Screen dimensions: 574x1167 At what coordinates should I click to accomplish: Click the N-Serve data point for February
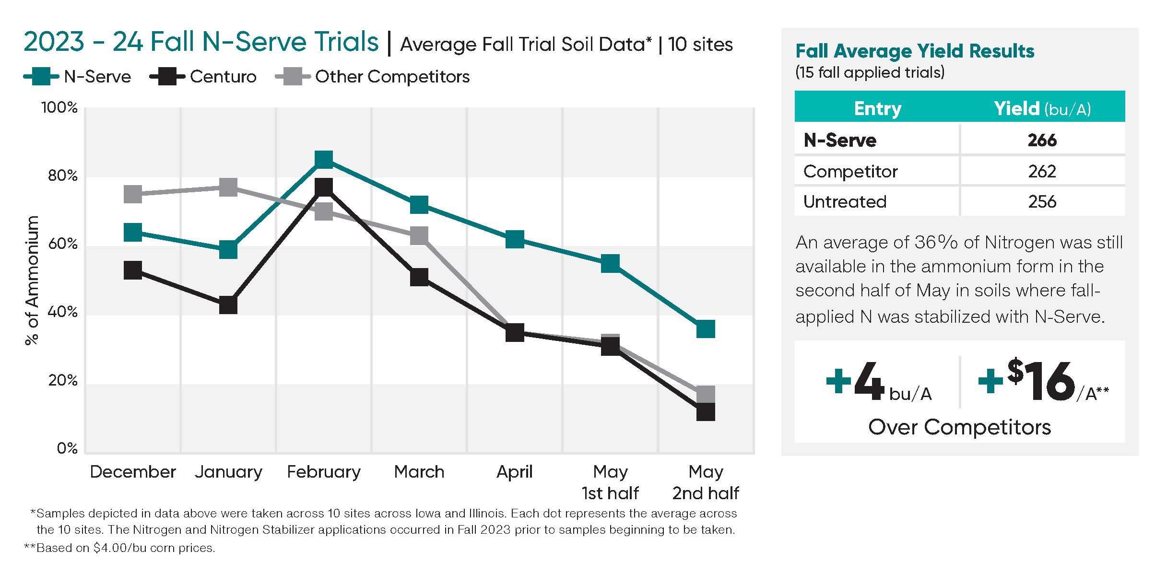(x=324, y=159)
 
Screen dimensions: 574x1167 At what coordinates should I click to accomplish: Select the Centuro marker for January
(x=228, y=305)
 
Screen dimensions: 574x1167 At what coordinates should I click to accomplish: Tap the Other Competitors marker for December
(x=133, y=194)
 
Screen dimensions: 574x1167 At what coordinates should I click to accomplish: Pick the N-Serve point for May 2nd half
(x=706, y=329)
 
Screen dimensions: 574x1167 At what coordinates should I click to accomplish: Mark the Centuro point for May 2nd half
(x=706, y=412)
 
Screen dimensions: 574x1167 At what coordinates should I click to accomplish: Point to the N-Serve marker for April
(x=515, y=239)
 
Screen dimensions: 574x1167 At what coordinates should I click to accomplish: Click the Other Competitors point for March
(x=419, y=235)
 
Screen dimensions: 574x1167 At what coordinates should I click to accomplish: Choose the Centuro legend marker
(x=167, y=76)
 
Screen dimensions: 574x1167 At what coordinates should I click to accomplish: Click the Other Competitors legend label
(x=392, y=77)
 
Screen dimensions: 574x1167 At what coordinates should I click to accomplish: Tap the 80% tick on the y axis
(x=63, y=176)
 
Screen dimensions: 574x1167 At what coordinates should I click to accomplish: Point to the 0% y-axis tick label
(x=67, y=448)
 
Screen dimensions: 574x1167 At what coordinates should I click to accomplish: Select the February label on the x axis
(x=324, y=472)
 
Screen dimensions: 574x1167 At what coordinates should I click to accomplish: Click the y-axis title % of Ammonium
(x=32, y=281)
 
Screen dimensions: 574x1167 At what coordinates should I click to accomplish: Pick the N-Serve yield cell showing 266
(x=1042, y=140)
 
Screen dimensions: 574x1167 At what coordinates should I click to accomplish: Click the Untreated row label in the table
(x=845, y=202)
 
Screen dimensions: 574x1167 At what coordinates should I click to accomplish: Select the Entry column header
(x=877, y=108)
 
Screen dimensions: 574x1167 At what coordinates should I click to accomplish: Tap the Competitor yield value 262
(x=1042, y=171)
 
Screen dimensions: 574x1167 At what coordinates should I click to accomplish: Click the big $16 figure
(x=1041, y=381)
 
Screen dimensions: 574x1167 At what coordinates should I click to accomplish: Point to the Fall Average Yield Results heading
(x=915, y=51)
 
